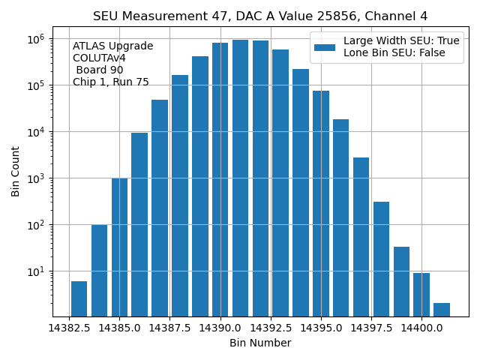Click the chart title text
(x=260, y=16)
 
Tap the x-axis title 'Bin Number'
(x=260, y=343)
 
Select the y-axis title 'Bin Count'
(x=16, y=172)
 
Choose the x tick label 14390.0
(x=220, y=328)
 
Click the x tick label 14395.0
(x=321, y=328)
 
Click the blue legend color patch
(x=325, y=47)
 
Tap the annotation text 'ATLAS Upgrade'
(x=113, y=46)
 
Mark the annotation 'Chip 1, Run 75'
(x=111, y=82)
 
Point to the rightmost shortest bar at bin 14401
(x=442, y=309)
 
